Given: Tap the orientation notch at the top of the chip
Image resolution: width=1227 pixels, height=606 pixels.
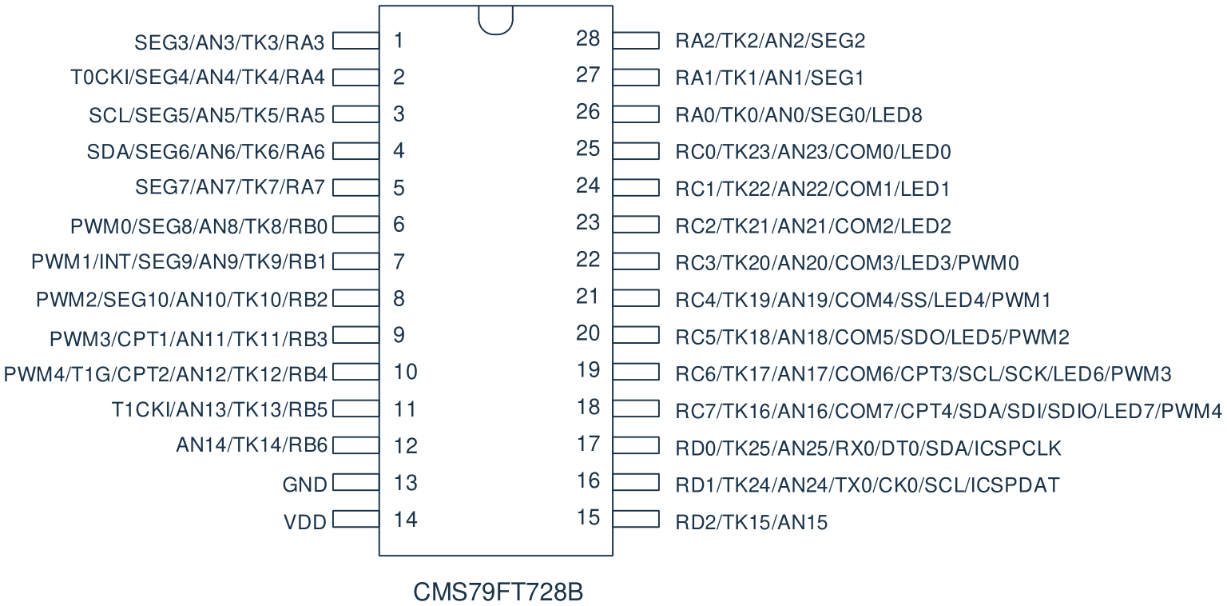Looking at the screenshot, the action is pyautogui.click(x=496, y=32).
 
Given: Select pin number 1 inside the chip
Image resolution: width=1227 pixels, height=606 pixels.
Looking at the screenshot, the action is pyautogui.click(x=399, y=40).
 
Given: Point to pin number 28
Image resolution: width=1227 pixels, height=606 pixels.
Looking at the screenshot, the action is pyautogui.click(x=588, y=38).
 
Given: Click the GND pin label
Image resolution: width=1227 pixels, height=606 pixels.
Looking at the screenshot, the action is pyautogui.click(x=304, y=484).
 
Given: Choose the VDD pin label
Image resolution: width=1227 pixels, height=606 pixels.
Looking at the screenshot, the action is pyautogui.click(x=305, y=522).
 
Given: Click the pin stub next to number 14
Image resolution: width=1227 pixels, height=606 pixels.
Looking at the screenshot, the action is pyautogui.click(x=356, y=519).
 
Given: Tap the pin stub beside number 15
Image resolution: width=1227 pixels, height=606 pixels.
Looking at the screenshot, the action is pyautogui.click(x=636, y=519).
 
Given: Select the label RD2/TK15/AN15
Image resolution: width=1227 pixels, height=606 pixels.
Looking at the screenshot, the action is pyautogui.click(x=751, y=522).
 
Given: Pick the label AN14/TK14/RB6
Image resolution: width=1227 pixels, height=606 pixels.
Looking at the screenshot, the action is pyautogui.click(x=252, y=445).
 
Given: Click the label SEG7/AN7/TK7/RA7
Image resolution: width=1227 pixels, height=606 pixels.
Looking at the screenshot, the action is pyautogui.click(x=230, y=188).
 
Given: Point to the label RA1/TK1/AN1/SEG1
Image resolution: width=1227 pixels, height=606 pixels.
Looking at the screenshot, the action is pyautogui.click(x=769, y=78).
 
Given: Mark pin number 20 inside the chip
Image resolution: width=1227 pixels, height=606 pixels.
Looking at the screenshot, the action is pyautogui.click(x=588, y=333).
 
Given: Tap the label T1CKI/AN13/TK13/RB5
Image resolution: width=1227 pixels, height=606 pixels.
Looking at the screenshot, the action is pyautogui.click(x=219, y=409).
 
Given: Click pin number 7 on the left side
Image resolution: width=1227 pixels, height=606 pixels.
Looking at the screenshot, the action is pyautogui.click(x=399, y=261).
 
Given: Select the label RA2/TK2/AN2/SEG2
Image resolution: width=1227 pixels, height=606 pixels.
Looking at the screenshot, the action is pyautogui.click(x=770, y=41).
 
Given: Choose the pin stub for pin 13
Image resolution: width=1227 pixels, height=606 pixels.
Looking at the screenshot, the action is pyautogui.click(x=356, y=482).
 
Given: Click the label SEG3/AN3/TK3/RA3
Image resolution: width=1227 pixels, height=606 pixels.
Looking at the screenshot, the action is pyautogui.click(x=229, y=43).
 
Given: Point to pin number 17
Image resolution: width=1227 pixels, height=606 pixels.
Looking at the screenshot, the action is pyautogui.click(x=588, y=444).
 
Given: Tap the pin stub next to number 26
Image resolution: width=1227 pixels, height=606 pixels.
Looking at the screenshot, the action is pyautogui.click(x=636, y=114).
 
